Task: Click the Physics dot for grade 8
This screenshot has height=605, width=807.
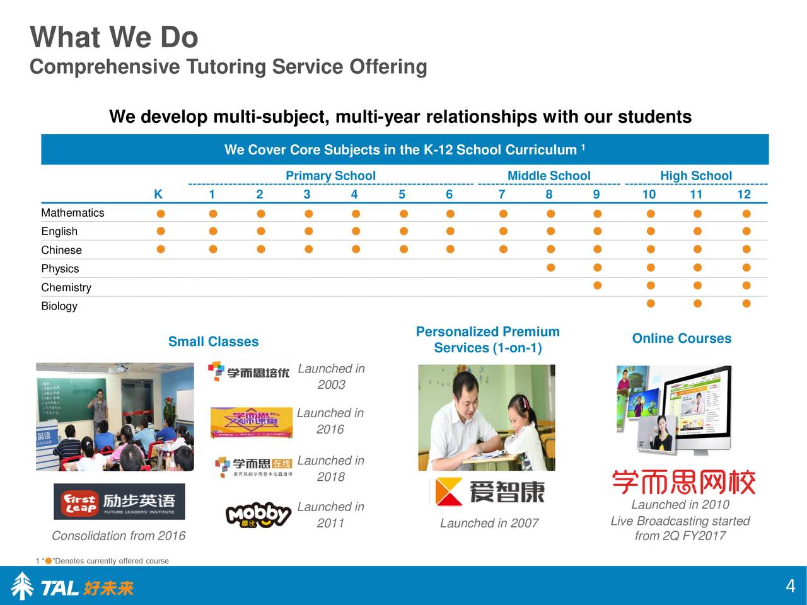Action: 550,268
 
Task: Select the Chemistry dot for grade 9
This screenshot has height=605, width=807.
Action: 597,286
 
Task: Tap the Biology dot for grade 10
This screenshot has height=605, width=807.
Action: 650,304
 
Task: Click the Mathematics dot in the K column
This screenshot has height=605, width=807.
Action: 161,214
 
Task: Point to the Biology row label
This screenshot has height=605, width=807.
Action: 59,306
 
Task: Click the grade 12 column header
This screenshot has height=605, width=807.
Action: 744,194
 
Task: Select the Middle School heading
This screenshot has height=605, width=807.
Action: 549,176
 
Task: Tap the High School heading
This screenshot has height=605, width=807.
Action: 695,176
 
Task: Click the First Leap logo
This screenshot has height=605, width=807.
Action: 119,502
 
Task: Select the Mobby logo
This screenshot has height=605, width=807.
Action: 258,515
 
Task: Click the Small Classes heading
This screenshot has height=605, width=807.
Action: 213,342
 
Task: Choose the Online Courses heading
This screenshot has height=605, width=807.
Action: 682,338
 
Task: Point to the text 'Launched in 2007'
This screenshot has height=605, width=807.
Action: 489,523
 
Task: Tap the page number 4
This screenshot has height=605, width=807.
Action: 790,587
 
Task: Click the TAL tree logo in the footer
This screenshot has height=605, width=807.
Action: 23,586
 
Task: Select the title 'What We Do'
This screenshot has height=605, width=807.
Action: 114,38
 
